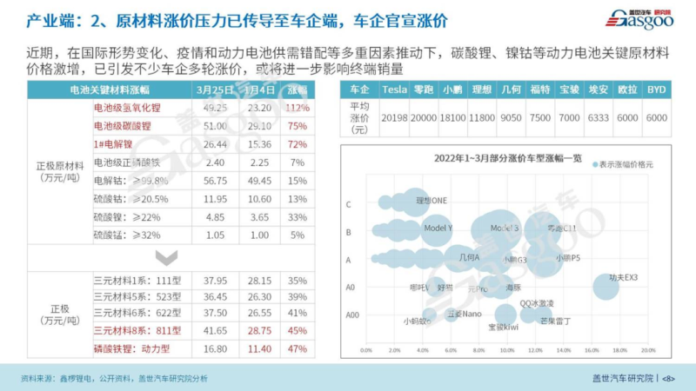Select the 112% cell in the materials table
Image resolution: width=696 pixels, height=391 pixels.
tap(298, 108)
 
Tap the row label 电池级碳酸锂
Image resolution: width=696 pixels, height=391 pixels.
tap(123, 126)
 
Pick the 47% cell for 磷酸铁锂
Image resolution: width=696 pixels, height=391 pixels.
tap(298, 348)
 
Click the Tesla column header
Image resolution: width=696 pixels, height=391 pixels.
tap(395, 89)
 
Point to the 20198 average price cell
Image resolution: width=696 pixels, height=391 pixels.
tap(395, 116)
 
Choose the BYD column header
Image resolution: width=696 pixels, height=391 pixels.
tap(657, 89)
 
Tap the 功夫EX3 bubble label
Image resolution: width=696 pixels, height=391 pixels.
tap(623, 278)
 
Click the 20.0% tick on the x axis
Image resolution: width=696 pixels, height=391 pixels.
tap(647, 351)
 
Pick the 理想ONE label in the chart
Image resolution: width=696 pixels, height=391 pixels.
tap(431, 201)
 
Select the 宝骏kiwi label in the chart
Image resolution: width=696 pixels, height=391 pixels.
tap(503, 327)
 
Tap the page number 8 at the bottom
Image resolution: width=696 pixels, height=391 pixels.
tap(669, 379)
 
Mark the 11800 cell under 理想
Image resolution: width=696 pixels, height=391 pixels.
tap(481, 116)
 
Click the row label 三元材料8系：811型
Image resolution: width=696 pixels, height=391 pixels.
tap(130, 331)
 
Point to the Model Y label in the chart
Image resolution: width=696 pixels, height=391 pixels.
tap(438, 229)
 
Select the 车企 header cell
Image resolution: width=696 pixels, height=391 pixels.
tap(358, 89)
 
